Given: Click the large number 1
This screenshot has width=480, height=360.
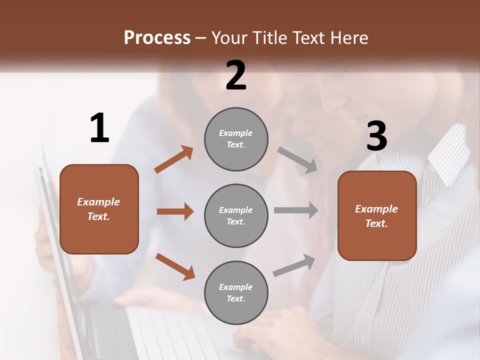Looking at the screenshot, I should point(99,128).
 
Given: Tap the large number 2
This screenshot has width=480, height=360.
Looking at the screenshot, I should point(236,75).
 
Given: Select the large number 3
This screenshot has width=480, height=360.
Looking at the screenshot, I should point(376,136).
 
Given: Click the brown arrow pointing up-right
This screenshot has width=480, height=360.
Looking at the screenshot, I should point(174,159).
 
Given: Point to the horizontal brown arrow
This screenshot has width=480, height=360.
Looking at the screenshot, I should point(175,211).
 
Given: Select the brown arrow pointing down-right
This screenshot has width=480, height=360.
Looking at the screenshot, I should point(175,266).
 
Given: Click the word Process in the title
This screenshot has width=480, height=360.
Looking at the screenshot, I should point(157,37).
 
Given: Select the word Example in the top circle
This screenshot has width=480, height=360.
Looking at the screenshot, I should point(235,133).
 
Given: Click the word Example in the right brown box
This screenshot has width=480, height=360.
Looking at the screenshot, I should point(376,209).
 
